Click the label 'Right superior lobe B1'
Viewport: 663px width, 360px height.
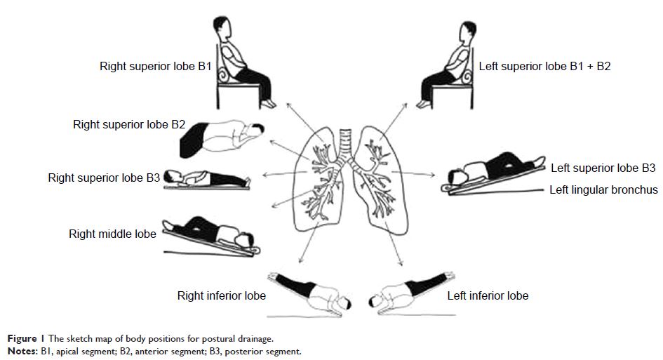[x=156, y=68]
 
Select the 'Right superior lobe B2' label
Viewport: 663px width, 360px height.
[x=129, y=125]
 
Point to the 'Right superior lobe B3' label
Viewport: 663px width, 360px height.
[x=105, y=178]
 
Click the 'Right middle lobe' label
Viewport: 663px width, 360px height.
[x=112, y=234]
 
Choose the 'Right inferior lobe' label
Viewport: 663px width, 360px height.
[x=221, y=295]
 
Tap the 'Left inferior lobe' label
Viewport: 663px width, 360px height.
[x=488, y=295]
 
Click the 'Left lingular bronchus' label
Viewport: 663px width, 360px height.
[x=603, y=189]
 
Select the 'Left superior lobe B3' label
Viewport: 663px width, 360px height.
[x=603, y=168]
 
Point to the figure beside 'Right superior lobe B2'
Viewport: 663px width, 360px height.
[x=224, y=137]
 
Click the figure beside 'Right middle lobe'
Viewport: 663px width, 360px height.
[x=210, y=234]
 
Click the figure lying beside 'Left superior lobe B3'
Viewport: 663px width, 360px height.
[x=491, y=171]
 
